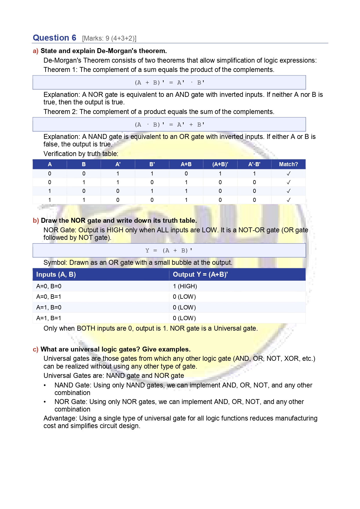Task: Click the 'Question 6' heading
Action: [x=54, y=38]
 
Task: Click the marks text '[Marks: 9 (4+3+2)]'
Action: [x=109, y=39]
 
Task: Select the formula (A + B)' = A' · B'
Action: [x=169, y=83]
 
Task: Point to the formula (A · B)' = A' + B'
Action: [x=169, y=125]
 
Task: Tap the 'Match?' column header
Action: [x=288, y=164]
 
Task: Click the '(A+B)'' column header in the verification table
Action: [x=220, y=164]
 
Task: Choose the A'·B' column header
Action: [x=254, y=164]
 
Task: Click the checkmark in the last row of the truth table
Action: [x=288, y=200]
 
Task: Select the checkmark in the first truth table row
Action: [x=288, y=173]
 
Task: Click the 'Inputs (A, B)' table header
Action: [x=56, y=274]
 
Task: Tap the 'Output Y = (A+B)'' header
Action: [x=200, y=274]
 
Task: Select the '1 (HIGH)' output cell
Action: [x=185, y=286]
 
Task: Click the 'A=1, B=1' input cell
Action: [x=49, y=318]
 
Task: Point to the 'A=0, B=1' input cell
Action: [x=49, y=297]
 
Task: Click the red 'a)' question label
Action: [x=35, y=51]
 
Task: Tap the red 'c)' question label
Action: [x=35, y=349]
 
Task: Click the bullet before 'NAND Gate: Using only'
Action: [x=45, y=385]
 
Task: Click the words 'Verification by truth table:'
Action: [x=81, y=154]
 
